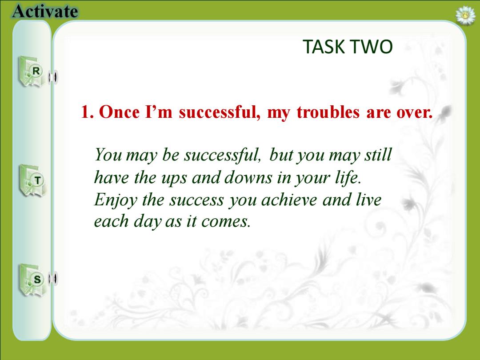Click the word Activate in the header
point(45,11)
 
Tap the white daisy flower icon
point(465,15)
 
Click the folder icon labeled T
point(33,180)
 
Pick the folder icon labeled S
point(32,280)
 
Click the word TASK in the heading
point(324,47)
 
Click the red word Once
point(120,112)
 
